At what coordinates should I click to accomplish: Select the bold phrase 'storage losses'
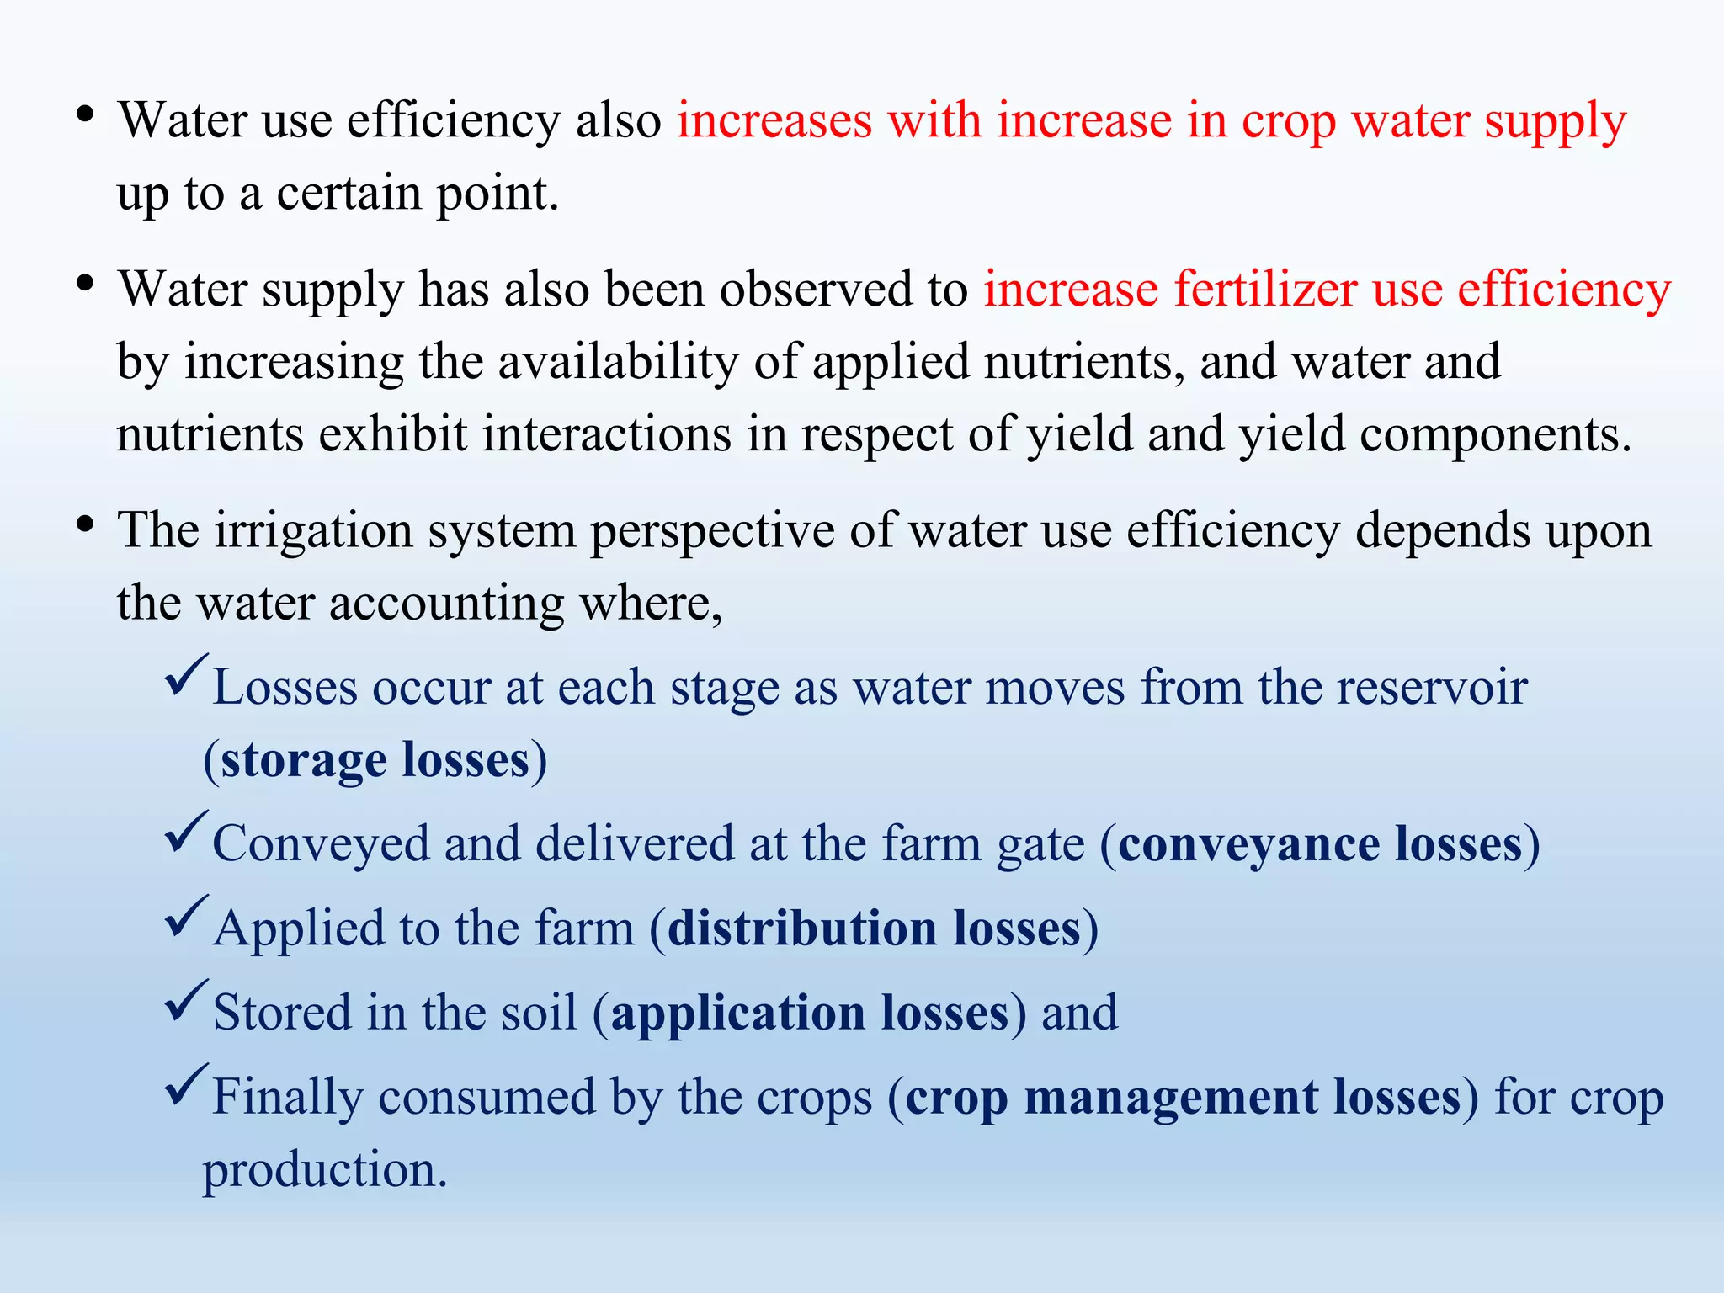point(375,760)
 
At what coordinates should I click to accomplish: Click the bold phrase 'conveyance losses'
point(1320,844)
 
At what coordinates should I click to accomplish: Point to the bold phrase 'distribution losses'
point(874,929)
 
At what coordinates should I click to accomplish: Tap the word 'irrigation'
point(313,531)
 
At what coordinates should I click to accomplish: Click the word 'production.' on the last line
point(325,1170)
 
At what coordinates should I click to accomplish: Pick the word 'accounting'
point(446,604)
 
